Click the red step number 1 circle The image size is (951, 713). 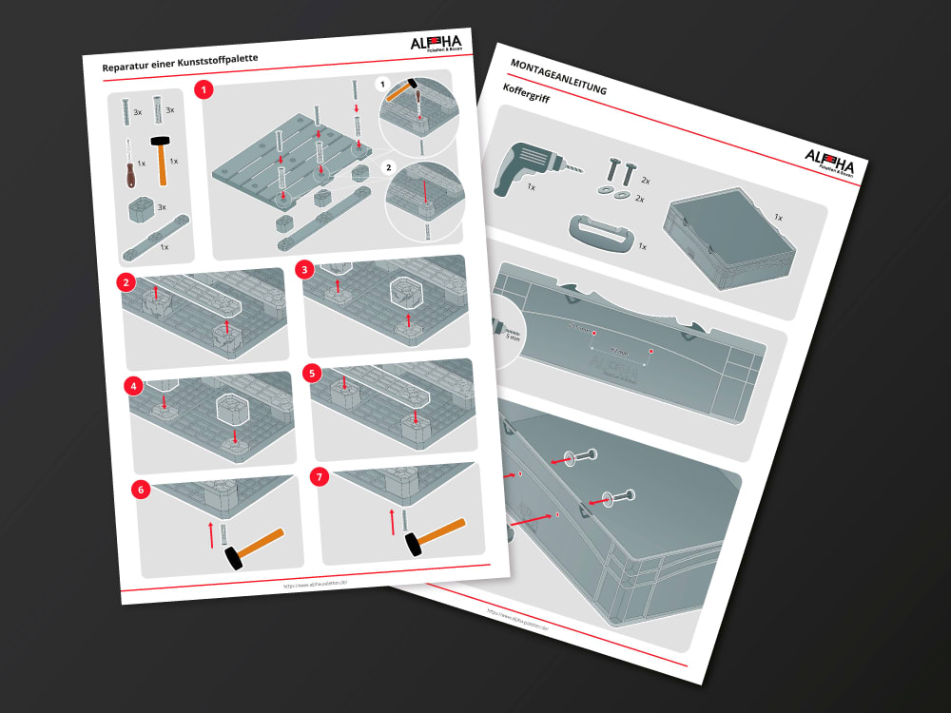pos(203,90)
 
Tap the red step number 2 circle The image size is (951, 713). pos(125,282)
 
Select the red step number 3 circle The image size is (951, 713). pos(304,269)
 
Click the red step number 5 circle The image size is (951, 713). pos(310,374)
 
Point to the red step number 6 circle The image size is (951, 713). pos(142,491)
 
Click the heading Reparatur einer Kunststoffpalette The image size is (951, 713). pos(180,64)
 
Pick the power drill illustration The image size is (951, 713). pos(529,168)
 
